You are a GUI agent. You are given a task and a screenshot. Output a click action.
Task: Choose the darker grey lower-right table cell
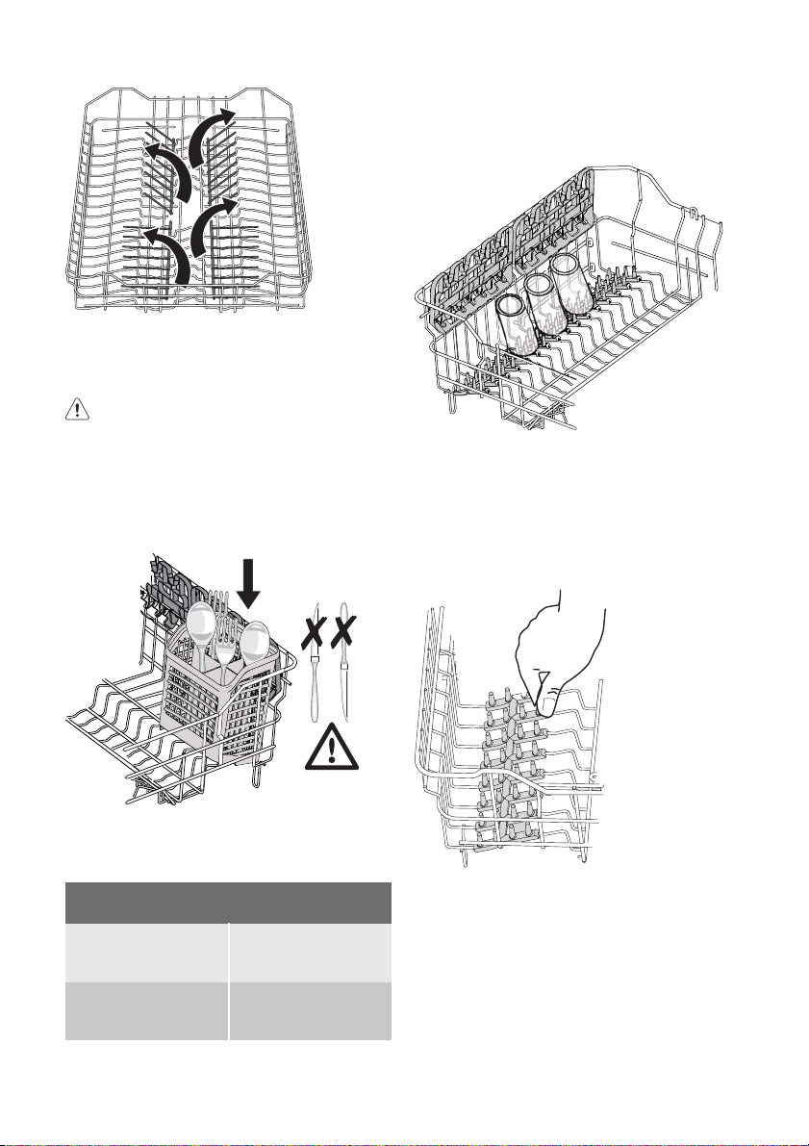310,1010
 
